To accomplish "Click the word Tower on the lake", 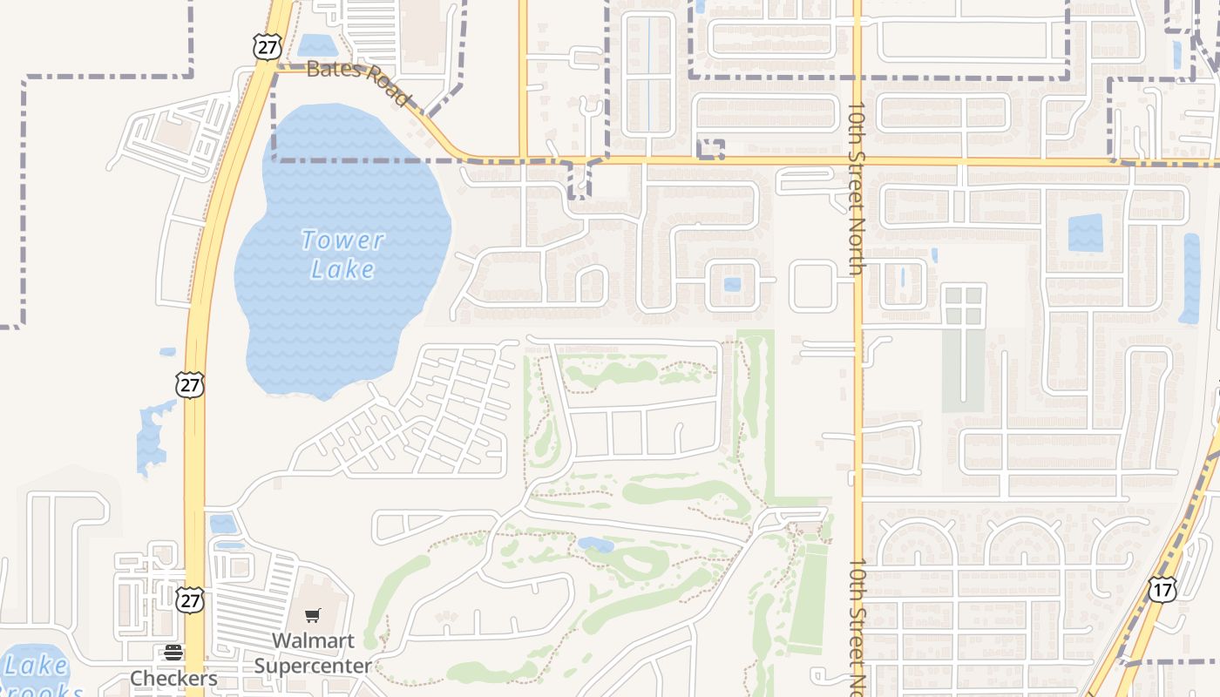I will [x=342, y=240].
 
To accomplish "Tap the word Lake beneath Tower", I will [x=342, y=268].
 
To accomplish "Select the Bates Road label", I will [x=357, y=81].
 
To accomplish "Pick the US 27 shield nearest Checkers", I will [x=191, y=599].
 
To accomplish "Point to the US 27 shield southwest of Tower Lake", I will [x=189, y=384].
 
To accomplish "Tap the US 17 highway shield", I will [x=1162, y=589].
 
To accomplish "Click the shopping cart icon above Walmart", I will [x=313, y=615].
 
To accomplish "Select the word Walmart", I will [x=313, y=641].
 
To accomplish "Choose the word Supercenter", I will [x=313, y=667].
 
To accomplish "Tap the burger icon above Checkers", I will [x=173, y=653].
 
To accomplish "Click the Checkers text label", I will [x=173, y=678].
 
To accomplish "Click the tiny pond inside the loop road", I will [x=732, y=284].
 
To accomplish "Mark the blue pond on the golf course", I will [x=595, y=545].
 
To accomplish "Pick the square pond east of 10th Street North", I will [x=1085, y=233].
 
